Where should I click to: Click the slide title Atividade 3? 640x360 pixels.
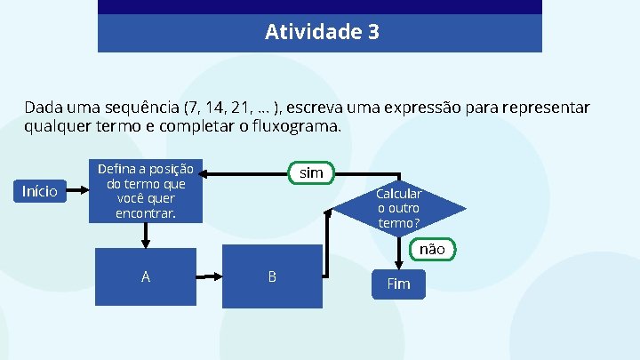coord(321,33)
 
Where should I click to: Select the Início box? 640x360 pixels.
coord(40,190)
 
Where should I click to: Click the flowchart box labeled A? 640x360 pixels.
coord(146,276)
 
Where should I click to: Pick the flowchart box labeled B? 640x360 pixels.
coord(271,276)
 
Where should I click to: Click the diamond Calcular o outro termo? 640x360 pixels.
coord(398,208)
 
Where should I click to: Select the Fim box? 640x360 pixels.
coord(398,284)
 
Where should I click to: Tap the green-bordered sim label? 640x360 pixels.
coord(311,172)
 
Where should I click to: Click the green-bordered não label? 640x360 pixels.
coord(432,249)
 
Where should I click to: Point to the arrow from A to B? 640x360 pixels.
coord(209,276)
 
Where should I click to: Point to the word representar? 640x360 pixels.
coord(546,108)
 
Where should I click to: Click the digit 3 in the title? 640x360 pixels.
coord(372,33)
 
